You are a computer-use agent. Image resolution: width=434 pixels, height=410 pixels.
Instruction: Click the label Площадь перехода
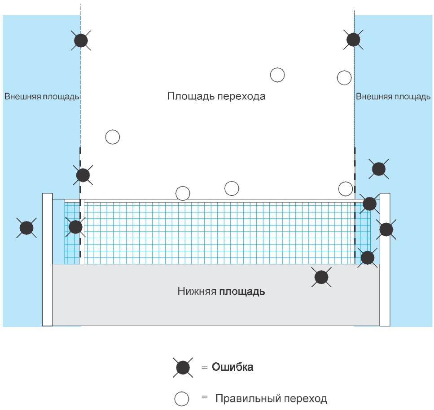(216, 96)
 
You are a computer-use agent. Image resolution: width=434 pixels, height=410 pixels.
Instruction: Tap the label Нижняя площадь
(221, 291)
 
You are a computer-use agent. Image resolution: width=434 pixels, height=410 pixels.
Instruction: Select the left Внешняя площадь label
(42, 96)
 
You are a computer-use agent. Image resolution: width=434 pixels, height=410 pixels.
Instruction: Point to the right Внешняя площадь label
(393, 96)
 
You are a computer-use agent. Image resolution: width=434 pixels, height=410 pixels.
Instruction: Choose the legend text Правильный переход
(271, 398)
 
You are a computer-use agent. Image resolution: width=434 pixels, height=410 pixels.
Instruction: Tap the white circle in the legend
(182, 399)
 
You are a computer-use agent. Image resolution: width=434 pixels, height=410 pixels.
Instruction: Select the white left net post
(47, 259)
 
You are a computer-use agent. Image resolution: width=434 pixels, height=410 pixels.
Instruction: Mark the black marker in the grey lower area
(321, 277)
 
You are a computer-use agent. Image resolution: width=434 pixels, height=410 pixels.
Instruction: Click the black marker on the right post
(386, 230)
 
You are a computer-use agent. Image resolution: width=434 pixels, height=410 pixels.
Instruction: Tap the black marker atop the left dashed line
(81, 40)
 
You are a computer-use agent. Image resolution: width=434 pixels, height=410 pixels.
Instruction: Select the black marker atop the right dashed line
(353, 40)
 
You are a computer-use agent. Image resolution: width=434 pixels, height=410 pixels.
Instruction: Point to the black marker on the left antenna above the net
(83, 175)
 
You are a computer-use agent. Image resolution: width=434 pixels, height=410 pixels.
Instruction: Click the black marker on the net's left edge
(75, 227)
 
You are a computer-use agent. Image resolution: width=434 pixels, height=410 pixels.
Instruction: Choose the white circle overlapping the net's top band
(183, 193)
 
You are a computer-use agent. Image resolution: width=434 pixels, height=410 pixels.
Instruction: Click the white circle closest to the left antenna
(113, 137)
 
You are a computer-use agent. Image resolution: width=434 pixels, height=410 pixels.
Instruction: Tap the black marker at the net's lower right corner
(368, 258)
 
